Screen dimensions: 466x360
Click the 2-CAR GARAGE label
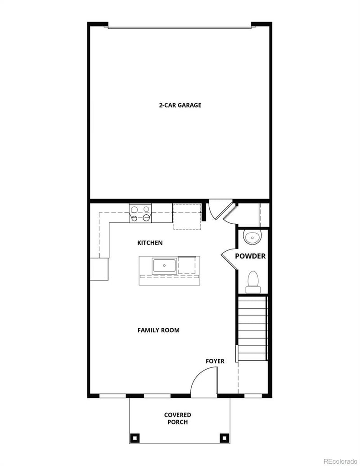[x=180, y=105]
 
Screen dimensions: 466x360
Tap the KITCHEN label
[x=150, y=243]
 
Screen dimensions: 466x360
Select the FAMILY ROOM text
[x=158, y=330]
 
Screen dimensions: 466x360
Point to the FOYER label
[x=215, y=361]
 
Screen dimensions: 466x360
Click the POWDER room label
[x=250, y=256]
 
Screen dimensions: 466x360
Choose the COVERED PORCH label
[x=177, y=419]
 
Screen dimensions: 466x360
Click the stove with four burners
[x=140, y=213]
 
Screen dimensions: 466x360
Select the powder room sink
[x=252, y=237]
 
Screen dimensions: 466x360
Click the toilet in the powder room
[x=253, y=279]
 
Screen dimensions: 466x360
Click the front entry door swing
[x=205, y=381]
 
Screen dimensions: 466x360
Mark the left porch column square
[x=135, y=437]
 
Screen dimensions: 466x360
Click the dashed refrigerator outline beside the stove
[x=187, y=217]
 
